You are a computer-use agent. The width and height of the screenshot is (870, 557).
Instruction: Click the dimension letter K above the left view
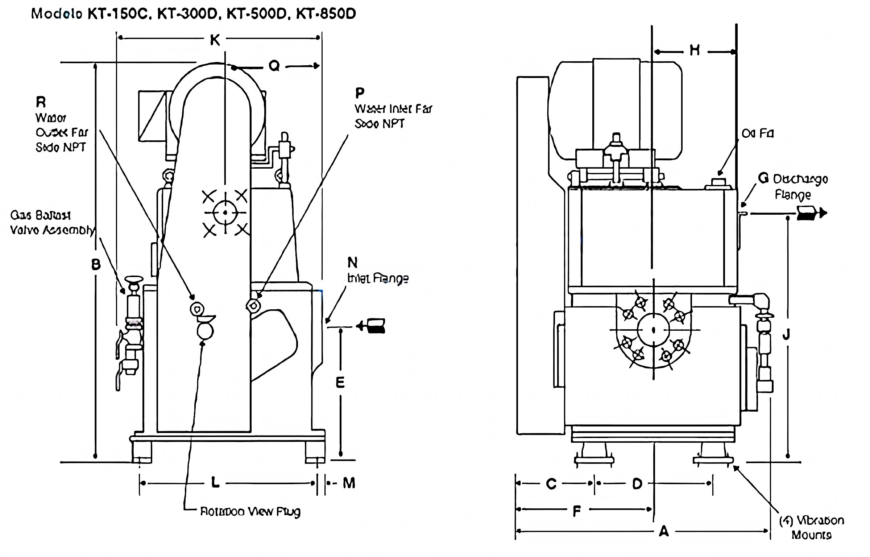point(215,40)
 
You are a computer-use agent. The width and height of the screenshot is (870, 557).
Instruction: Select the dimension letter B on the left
point(96,265)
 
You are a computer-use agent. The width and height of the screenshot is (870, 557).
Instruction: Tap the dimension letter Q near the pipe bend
point(274,66)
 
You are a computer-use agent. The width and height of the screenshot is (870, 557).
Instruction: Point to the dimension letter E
point(340,383)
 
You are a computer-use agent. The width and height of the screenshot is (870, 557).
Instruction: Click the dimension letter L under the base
point(215,483)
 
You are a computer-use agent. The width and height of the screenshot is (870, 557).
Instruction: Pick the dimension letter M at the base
point(349,483)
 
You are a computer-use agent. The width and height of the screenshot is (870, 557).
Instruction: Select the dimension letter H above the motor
point(695,51)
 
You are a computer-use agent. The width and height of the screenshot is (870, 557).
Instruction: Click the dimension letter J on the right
point(786,335)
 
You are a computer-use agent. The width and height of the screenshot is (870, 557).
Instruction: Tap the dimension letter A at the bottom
point(663,531)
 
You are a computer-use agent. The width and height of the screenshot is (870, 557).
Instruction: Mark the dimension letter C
point(551,484)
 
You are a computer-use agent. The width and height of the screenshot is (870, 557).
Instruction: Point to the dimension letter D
point(637,484)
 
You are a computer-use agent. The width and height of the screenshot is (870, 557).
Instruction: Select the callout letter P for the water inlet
point(360,93)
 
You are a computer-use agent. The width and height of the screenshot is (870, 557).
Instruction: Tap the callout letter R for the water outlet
point(41,103)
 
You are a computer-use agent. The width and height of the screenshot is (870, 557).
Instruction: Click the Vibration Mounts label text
point(811,528)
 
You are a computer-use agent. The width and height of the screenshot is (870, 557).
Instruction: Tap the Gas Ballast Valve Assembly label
point(51,223)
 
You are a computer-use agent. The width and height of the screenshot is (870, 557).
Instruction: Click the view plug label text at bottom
point(250,512)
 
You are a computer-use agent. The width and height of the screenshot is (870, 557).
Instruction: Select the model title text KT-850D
point(326,14)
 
